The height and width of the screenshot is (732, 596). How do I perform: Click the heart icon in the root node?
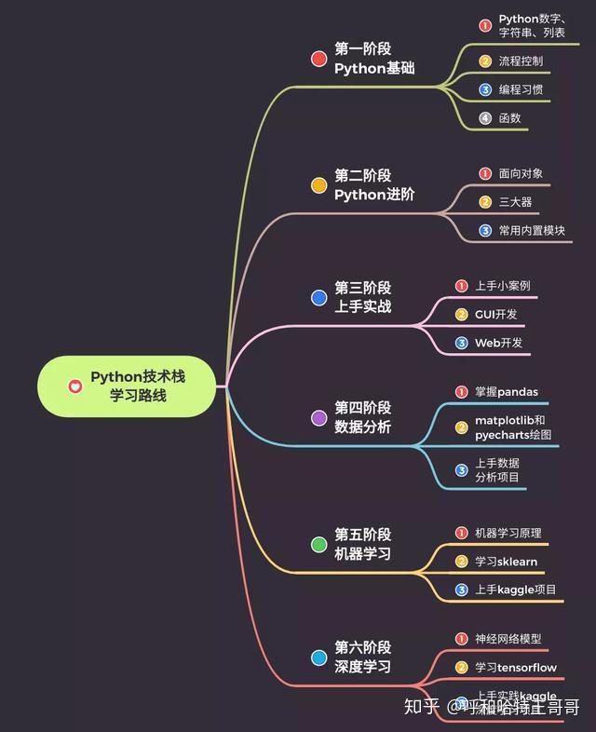(74, 386)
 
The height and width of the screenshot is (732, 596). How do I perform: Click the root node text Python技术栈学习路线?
(138, 386)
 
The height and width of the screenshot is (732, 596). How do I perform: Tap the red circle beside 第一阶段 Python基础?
(318, 59)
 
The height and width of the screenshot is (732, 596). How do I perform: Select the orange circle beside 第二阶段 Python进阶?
(318, 185)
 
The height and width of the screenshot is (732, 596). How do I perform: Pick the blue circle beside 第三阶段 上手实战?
(318, 298)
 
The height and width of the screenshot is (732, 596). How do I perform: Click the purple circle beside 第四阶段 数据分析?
(318, 418)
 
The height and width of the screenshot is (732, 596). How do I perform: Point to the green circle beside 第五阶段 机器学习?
(318, 544)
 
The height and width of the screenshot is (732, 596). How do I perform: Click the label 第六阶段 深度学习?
(363, 657)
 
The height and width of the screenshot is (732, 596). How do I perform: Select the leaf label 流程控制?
(521, 61)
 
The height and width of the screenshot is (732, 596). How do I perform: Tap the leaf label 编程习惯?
(521, 90)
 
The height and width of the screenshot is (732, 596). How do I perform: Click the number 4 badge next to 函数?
(485, 118)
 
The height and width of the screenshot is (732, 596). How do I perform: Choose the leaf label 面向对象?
(521, 173)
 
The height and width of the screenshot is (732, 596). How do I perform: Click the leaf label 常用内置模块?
(532, 230)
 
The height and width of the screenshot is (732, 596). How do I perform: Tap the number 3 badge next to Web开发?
(461, 343)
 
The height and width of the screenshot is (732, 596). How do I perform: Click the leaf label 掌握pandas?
(507, 391)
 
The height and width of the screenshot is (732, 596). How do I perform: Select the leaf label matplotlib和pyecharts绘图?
(513, 427)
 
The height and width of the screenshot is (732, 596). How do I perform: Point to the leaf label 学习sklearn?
(506, 562)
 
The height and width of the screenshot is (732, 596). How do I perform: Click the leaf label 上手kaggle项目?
(515, 590)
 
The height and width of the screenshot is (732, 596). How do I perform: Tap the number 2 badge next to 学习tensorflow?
(461, 668)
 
